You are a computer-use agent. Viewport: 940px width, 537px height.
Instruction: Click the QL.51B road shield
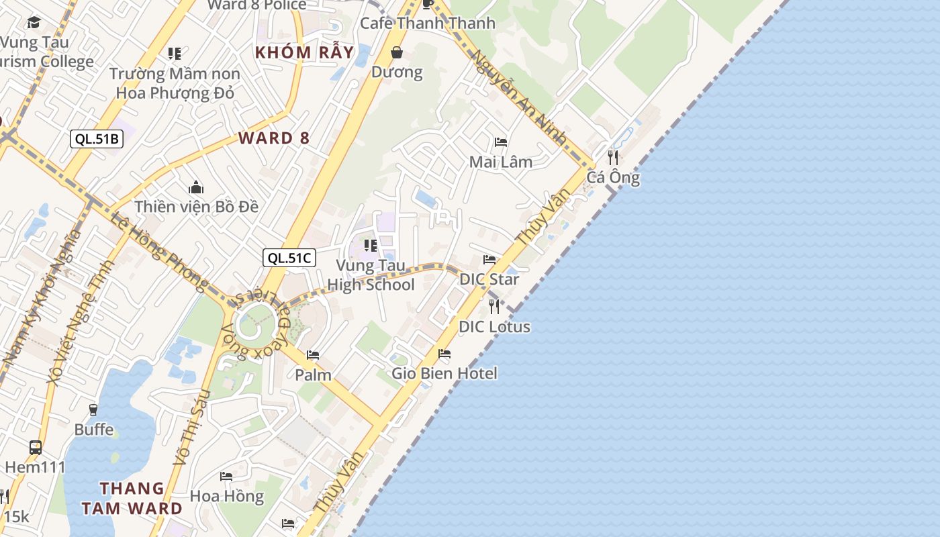pos(97,139)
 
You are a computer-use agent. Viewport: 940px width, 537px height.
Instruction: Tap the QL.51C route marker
pos(289,258)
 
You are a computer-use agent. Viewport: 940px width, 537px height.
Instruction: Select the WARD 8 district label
pos(274,138)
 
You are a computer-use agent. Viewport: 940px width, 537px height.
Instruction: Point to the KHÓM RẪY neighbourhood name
pos(304,52)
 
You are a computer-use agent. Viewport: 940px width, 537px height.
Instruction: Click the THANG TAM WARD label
pos(132,498)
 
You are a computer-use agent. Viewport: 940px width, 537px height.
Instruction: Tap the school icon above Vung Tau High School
pos(371,246)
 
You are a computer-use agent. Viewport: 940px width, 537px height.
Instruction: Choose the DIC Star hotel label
pos(489,279)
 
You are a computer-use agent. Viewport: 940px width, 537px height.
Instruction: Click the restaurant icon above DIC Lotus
pos(494,307)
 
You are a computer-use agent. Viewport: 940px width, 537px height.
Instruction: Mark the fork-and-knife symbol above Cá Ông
pos(613,158)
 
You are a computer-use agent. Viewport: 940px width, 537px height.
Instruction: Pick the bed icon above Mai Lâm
pos(501,142)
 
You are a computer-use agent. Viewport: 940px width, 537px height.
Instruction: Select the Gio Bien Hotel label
pos(444,373)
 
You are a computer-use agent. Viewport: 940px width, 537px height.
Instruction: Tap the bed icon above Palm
pos(313,355)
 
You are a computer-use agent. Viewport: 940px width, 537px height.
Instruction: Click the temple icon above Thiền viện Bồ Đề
pos(196,187)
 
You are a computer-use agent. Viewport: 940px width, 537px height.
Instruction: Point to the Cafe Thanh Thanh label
pos(428,23)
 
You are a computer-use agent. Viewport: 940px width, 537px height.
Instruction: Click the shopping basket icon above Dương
pos(397,52)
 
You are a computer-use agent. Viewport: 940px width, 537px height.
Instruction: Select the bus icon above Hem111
pos(36,447)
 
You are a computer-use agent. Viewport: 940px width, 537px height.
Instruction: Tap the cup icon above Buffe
pos(93,409)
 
